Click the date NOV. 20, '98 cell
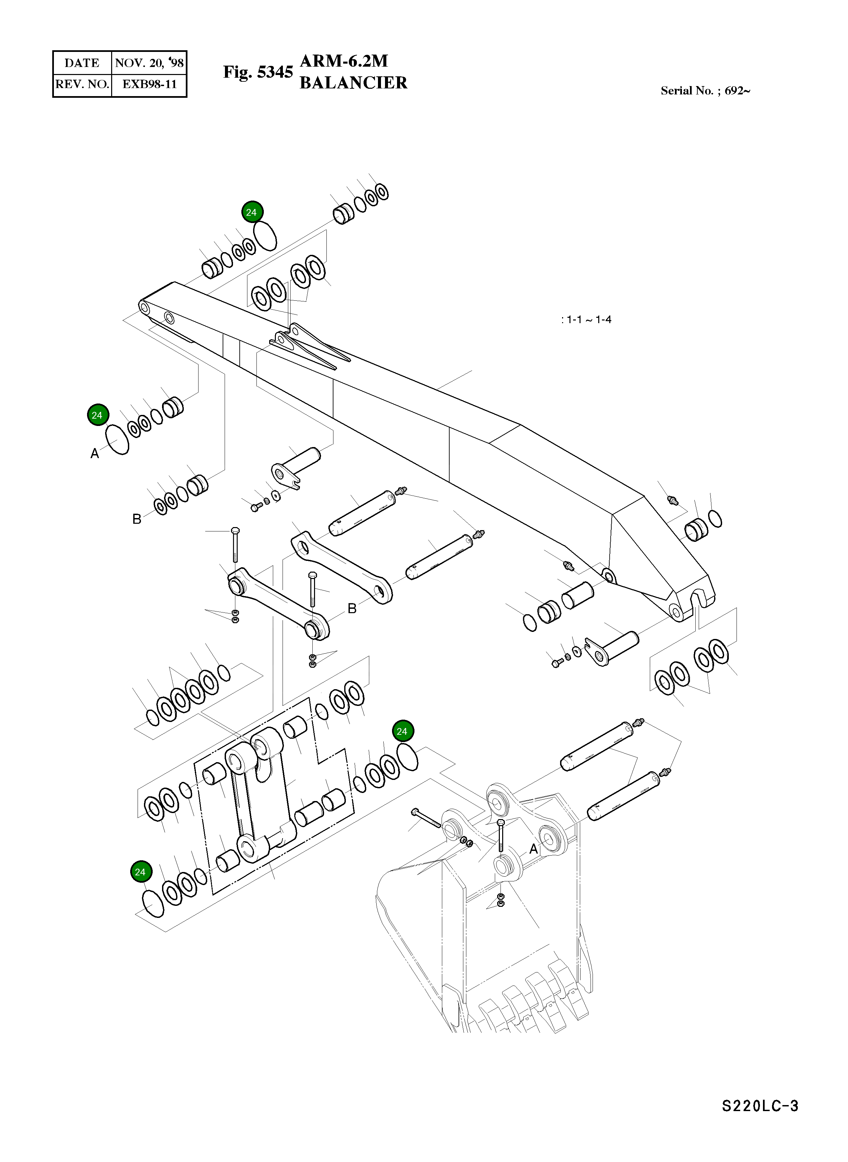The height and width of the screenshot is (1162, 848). click(149, 63)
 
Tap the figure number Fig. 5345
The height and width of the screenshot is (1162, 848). click(258, 72)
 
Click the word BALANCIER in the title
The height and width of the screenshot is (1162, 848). click(353, 83)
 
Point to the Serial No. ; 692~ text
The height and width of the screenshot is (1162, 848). click(705, 91)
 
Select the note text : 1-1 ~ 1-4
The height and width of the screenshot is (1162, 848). click(586, 320)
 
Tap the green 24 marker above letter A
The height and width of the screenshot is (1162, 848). click(97, 415)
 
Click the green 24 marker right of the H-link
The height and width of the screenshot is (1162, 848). click(402, 731)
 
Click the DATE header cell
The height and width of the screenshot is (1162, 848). click(82, 63)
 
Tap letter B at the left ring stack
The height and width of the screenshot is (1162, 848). click(137, 519)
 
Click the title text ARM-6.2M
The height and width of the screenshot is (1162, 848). click(343, 61)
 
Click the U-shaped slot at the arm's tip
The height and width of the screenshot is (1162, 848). click(697, 599)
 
